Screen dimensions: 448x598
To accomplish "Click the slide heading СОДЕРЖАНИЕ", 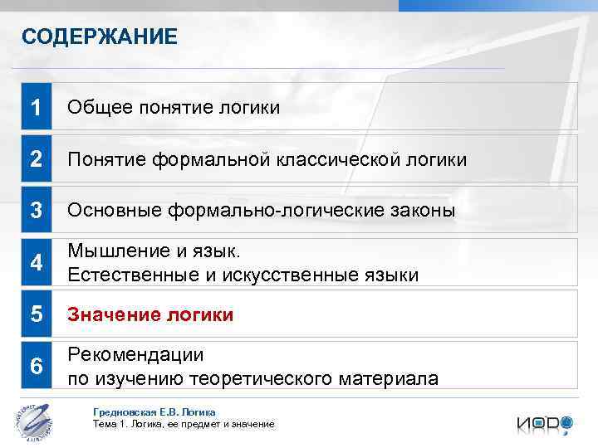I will click(x=100, y=37).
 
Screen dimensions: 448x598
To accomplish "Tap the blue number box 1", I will click(x=36, y=107).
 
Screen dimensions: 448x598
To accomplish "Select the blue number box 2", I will click(x=36, y=159).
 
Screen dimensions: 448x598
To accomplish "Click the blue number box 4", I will click(x=36, y=263).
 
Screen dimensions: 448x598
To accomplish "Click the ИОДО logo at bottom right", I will click(x=544, y=423).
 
